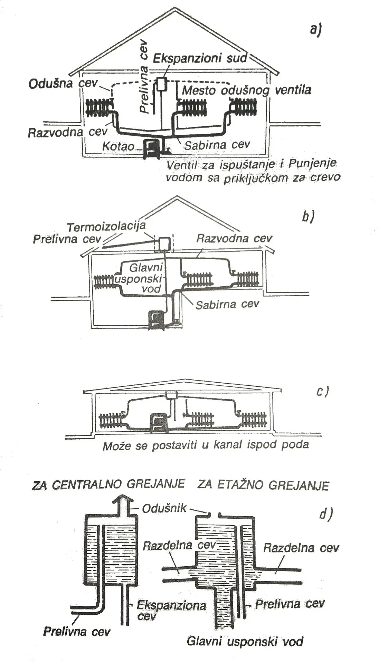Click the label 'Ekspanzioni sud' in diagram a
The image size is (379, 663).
click(200, 58)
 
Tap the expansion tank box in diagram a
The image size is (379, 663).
click(162, 84)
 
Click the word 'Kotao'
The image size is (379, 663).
click(118, 146)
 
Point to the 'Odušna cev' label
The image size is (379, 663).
click(63, 84)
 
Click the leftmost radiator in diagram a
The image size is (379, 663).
click(99, 107)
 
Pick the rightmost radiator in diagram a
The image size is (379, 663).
click(244, 106)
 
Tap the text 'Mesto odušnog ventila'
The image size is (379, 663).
click(246, 90)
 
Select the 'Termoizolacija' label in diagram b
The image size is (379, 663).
click(106, 227)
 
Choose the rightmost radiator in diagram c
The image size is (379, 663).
click(254, 419)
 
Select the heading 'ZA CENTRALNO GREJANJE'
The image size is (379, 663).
click(108, 484)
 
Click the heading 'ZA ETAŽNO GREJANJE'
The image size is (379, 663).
click(263, 485)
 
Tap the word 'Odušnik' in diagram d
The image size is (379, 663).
click(164, 508)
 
